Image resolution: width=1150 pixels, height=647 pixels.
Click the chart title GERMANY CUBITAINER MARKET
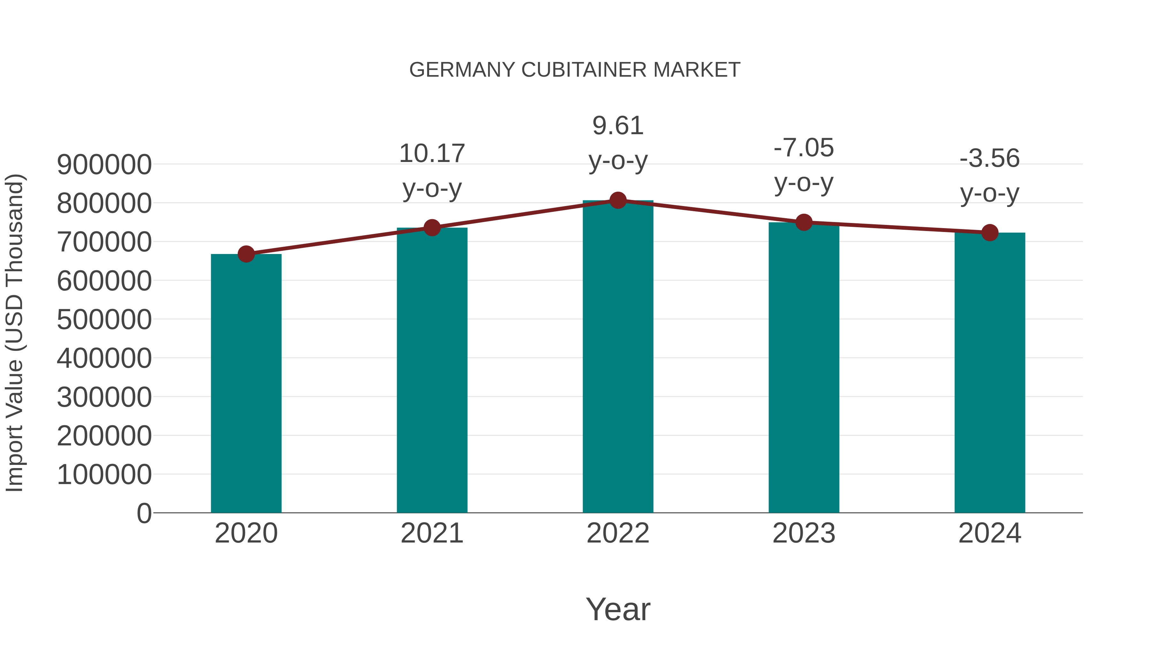coord(575,70)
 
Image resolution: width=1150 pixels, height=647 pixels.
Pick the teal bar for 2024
coord(990,373)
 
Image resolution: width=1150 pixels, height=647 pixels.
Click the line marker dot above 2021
coord(432,228)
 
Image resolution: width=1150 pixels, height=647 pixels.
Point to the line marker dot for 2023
coord(804,222)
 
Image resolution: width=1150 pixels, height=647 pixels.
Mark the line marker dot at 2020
coord(246,254)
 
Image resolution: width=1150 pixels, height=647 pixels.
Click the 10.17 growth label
coord(432,154)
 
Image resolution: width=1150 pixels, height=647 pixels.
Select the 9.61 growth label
coord(618,126)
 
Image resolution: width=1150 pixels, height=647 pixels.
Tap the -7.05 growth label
coord(804,148)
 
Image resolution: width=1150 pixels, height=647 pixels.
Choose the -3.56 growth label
coord(990,158)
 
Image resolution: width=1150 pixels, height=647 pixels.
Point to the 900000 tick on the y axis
coord(104,165)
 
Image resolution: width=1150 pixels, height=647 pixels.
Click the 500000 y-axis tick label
coord(104,320)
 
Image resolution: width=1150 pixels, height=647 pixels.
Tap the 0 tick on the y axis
coord(144,513)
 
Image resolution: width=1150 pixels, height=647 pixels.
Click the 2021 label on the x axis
coord(432,533)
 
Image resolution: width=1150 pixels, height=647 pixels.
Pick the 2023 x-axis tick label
coord(804,533)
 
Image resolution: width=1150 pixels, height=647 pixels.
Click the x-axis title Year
coord(618,609)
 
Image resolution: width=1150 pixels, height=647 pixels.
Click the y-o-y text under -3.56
coord(990,193)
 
